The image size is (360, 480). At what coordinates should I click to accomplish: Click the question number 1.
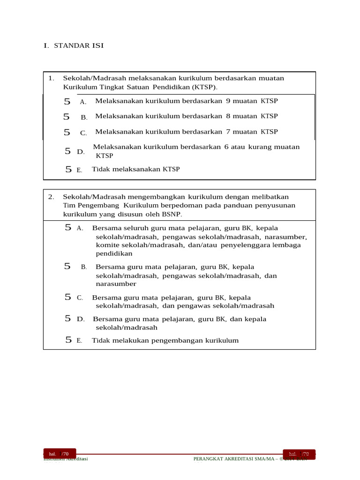coord(51,78)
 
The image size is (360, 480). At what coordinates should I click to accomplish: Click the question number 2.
coord(51,197)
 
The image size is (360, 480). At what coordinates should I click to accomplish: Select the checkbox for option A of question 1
coord(67,101)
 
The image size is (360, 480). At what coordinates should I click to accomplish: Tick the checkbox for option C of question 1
coord(67,133)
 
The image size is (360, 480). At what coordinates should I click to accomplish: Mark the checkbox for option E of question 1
coord(68,170)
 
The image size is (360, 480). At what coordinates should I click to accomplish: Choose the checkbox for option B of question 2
coord(67,266)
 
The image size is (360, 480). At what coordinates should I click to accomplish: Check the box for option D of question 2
coord(68,319)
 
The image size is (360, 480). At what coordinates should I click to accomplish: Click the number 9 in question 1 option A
coord(228,101)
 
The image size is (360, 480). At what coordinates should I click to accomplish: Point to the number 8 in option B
coord(228,116)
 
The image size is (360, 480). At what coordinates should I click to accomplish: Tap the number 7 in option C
coord(228,132)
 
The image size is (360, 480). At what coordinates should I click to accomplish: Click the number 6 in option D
coord(226,147)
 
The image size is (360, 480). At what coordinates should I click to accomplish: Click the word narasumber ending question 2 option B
coord(116,284)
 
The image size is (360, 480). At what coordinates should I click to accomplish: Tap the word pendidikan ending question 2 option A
coord(114,254)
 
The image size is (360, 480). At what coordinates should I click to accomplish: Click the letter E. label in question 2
coord(79,341)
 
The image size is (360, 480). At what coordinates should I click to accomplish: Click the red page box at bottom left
coord(59,454)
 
